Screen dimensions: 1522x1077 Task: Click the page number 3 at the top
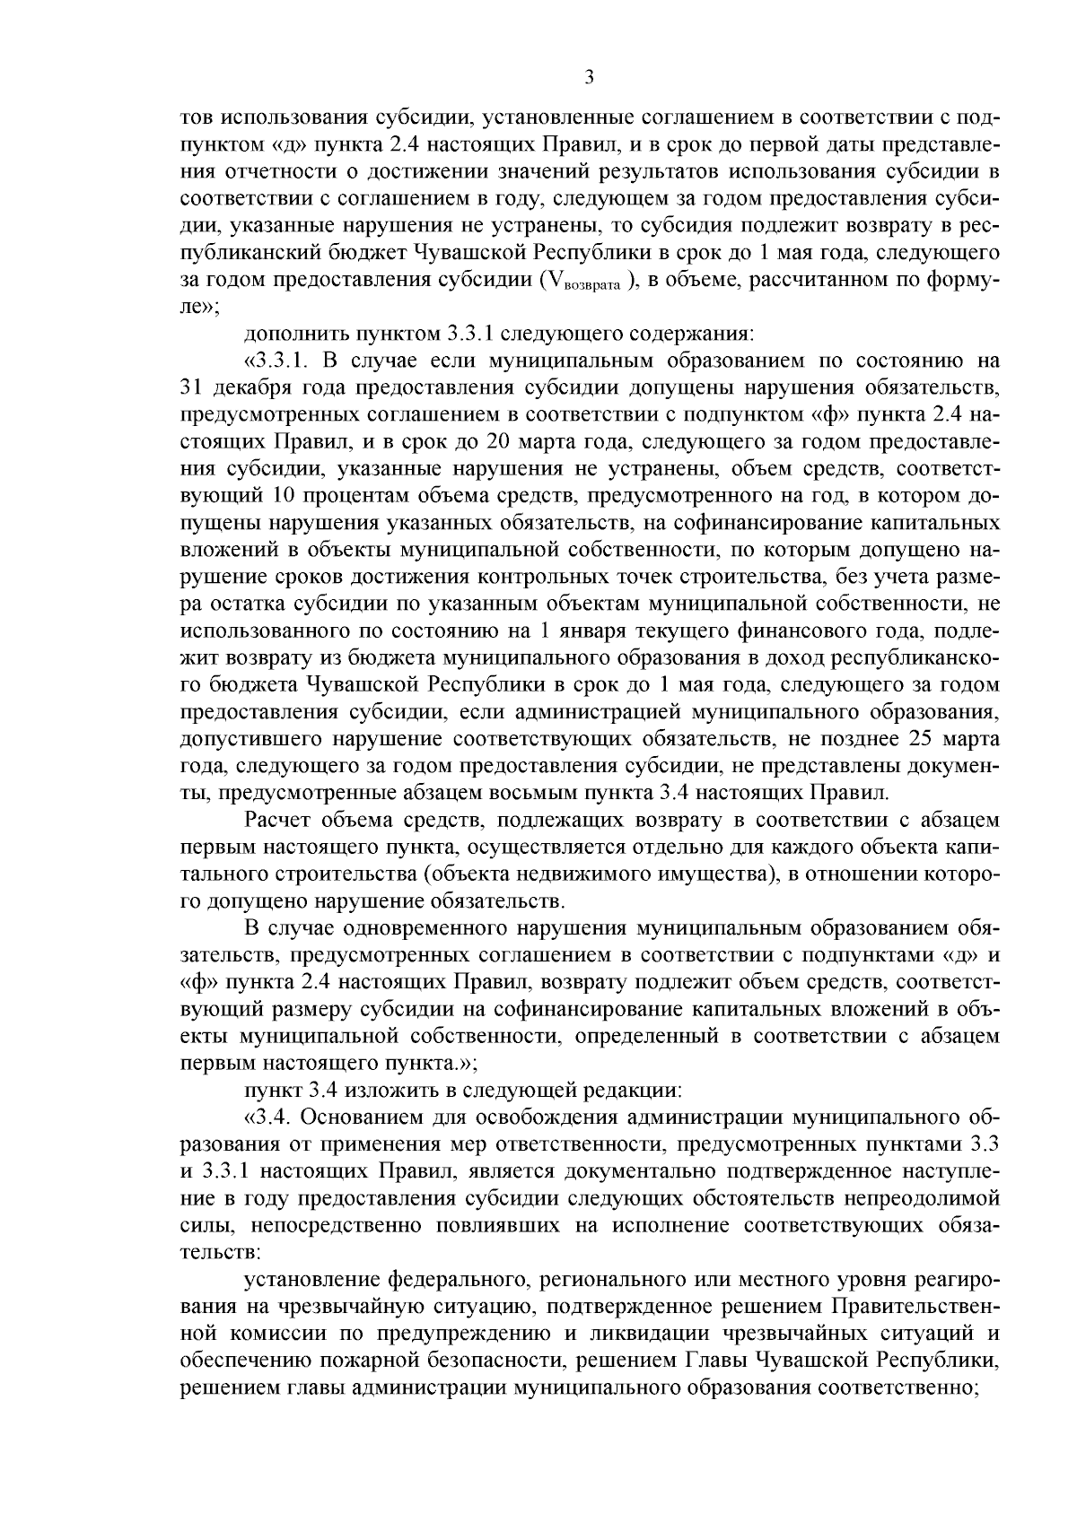click(x=589, y=78)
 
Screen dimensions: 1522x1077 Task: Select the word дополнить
click(x=291, y=335)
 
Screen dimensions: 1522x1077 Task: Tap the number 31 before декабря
click(x=192, y=388)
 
